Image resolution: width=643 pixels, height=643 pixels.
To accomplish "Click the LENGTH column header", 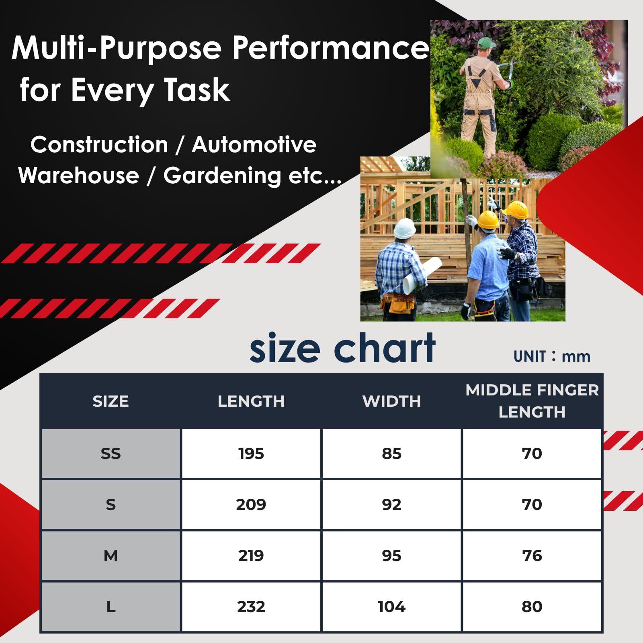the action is [251, 401].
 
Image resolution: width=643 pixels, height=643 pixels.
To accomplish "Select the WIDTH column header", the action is [392, 401].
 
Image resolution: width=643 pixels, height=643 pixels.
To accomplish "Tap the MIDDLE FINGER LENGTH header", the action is [532, 401].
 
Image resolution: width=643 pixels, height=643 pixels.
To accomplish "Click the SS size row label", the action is [111, 454].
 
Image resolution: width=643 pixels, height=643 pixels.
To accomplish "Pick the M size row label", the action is [111, 556].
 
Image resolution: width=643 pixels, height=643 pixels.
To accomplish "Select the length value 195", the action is [251, 454].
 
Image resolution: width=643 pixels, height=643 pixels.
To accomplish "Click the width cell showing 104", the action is [392, 607].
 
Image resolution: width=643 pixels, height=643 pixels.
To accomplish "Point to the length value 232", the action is [251, 607].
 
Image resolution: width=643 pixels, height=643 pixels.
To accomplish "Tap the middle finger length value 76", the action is [532, 556].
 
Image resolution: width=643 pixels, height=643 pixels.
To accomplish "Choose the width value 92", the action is [392, 505].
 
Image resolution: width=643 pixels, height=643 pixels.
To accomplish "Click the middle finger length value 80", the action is [532, 607].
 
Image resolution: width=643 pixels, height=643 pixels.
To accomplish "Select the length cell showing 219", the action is [251, 556].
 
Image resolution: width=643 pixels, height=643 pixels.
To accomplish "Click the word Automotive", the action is [254, 145].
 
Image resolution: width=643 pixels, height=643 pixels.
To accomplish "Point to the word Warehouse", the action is [78, 176].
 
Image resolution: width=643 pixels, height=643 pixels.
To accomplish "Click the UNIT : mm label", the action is [552, 356].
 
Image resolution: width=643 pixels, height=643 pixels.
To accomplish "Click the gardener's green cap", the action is [486, 42].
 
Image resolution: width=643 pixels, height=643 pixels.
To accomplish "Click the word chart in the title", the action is [385, 348].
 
